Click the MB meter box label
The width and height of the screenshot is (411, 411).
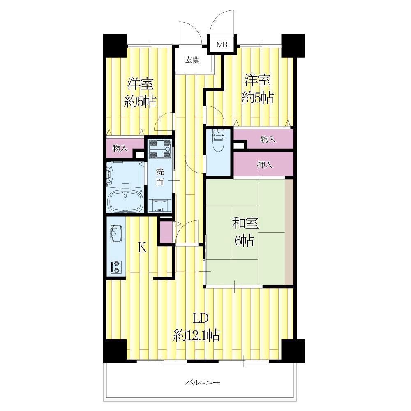[x=222, y=44]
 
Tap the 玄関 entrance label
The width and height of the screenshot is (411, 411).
[x=193, y=60]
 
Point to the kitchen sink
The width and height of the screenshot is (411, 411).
[x=115, y=233]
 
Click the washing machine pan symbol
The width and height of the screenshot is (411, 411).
[x=160, y=149]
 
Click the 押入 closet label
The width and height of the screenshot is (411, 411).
[x=265, y=165]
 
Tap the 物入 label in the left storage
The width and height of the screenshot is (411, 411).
[x=120, y=148]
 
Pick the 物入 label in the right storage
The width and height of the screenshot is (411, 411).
[x=268, y=139]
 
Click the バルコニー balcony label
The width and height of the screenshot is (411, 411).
[x=203, y=382]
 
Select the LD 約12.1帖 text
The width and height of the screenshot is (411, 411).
[x=196, y=327]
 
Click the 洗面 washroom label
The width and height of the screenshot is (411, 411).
[x=160, y=177]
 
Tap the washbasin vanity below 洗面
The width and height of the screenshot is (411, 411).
[x=160, y=206]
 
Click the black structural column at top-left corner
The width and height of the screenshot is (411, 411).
[x=115, y=45]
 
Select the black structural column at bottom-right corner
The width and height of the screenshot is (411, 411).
[x=293, y=351]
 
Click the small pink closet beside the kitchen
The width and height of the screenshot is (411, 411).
[x=166, y=232]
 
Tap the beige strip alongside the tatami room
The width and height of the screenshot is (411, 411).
[x=289, y=231]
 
